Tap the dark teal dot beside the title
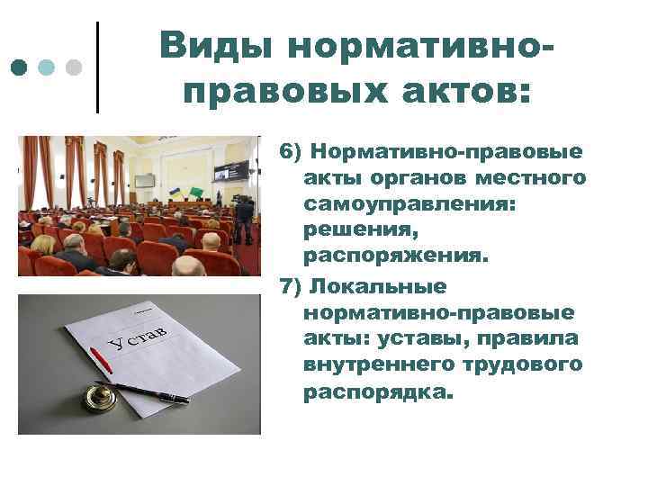point(19,67)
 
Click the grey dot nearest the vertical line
point(75,67)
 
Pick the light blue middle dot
point(47,67)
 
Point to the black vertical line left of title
point(97,67)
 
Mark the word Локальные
point(377,287)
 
